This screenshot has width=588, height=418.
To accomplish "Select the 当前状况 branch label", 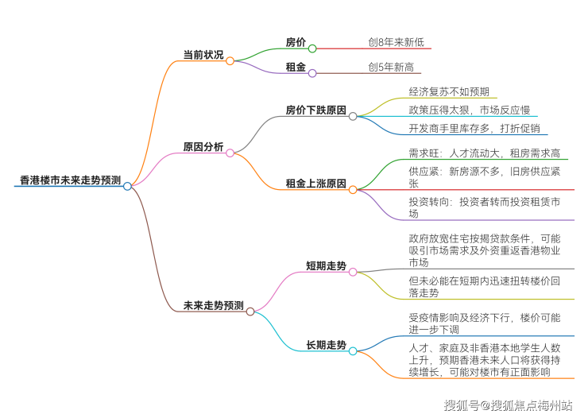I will (203, 55).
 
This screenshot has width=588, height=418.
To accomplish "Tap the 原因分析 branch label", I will (203, 147).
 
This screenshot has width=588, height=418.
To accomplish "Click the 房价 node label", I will (296, 42).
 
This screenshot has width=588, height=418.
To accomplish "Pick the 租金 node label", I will (296, 68).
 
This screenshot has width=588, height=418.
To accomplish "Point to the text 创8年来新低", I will (395, 42).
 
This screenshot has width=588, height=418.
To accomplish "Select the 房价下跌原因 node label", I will (315, 110).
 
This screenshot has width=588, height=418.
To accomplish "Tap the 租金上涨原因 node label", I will (315, 184).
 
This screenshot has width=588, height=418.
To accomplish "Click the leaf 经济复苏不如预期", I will (449, 91).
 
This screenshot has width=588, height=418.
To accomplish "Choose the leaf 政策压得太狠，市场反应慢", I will (469, 110).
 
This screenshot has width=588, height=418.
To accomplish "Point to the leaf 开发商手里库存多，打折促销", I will (474, 128).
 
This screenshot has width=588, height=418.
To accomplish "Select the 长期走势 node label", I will (326, 346).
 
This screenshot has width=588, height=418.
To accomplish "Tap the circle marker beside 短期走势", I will (353, 272).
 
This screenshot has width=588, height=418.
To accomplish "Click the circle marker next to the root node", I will (127, 186).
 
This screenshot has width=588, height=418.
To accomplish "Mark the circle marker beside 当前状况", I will (230, 60).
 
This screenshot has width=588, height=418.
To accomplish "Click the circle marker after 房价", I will (312, 48).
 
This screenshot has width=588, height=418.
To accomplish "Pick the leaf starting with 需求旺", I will (485, 153).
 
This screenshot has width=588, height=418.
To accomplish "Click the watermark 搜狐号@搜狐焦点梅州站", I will (508, 405).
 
